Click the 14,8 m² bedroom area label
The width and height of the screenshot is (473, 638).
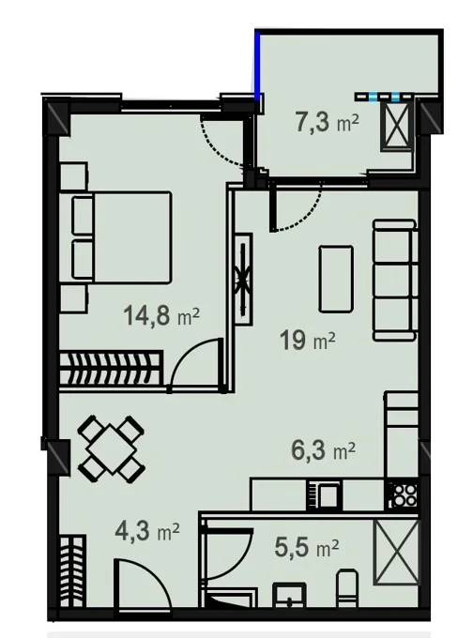161,315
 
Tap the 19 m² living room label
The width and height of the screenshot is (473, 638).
307,340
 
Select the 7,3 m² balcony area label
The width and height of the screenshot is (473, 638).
327,122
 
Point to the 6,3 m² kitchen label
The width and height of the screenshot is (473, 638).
324,450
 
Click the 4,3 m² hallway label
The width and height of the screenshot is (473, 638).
147,531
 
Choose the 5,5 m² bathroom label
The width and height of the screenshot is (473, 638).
307,547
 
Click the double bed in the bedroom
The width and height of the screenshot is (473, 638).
121,237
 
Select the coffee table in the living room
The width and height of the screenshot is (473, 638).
336,279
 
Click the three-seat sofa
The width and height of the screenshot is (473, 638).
395,280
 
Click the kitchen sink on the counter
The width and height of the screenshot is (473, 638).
324,494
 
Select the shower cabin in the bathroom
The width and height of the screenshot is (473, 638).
396,553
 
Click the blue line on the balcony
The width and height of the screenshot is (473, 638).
257,65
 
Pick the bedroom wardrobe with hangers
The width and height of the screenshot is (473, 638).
111,368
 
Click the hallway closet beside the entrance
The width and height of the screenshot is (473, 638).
72,571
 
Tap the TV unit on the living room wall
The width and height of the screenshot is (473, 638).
243,280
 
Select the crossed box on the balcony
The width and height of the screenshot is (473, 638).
396,126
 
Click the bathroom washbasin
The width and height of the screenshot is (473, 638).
289,596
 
